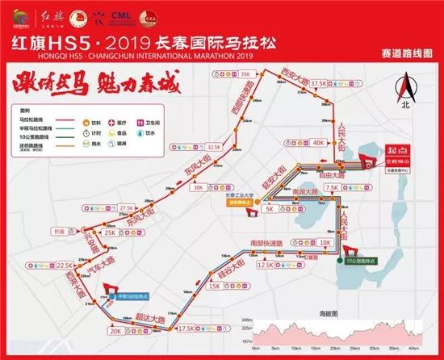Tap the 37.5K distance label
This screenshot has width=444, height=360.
click(x=320, y=82)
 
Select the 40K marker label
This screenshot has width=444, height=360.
click(x=319, y=141)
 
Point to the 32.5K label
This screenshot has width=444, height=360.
click(x=213, y=148)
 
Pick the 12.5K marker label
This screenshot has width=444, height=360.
click(x=265, y=264)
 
